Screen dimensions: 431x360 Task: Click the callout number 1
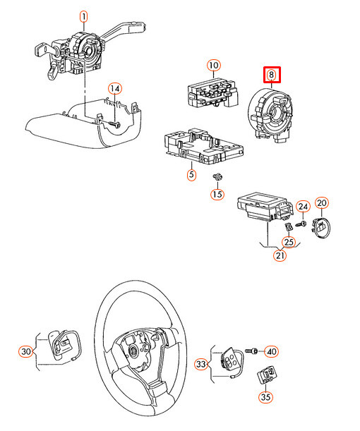click(83, 16)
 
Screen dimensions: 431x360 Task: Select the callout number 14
click(114, 89)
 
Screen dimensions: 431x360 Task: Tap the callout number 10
click(213, 66)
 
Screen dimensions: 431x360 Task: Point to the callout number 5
click(191, 175)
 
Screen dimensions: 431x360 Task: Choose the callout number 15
click(217, 194)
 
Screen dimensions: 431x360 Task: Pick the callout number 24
click(302, 206)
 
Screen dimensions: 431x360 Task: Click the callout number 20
click(322, 203)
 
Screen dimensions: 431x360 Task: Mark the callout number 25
click(288, 241)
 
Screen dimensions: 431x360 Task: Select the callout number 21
click(280, 255)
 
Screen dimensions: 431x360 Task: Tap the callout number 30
click(26, 351)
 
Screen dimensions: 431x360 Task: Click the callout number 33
click(202, 364)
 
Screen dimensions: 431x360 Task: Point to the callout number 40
click(271, 351)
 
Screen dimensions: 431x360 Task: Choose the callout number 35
click(265, 397)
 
